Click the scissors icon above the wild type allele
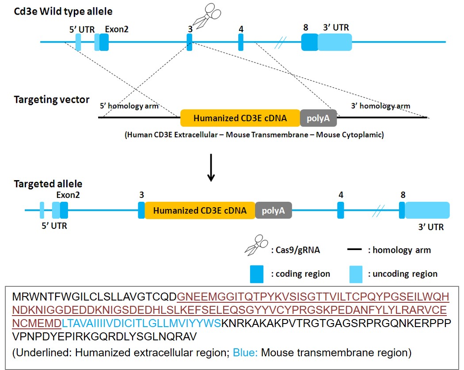(207, 16)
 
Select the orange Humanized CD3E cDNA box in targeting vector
(240, 118)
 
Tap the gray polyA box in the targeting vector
(318, 118)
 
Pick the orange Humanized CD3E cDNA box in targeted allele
(200, 210)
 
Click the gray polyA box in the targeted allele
(273, 210)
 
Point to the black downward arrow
(211, 168)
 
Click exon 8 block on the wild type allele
(309, 42)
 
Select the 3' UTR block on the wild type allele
(335, 42)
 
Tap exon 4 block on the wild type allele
(241, 42)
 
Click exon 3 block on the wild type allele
(190, 42)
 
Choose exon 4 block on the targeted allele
(341, 210)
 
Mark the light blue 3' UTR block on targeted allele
(427, 210)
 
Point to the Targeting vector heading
(52, 100)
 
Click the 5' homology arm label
(129, 106)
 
